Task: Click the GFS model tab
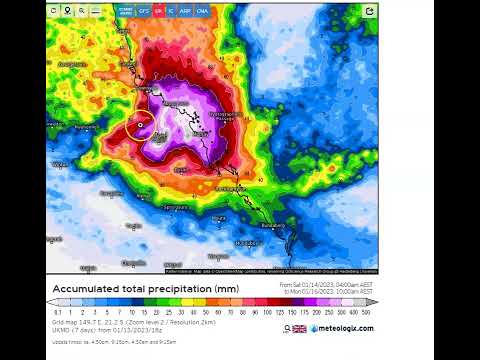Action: click(145, 10)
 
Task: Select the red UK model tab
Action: click(158, 10)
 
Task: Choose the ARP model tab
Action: click(186, 10)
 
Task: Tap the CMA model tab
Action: click(203, 10)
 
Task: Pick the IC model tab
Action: click(171, 10)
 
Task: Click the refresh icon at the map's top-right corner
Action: click(369, 11)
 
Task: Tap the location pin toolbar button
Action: click(67, 11)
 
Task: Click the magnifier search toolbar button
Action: click(53, 11)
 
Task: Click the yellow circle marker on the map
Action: click(139, 127)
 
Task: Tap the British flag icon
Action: click(299, 328)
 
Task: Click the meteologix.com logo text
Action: click(343, 328)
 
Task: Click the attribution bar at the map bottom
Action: click(270, 271)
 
